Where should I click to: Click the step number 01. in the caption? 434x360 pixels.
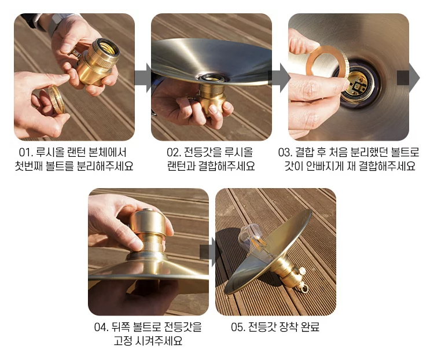pyautogui.click(x=26, y=153)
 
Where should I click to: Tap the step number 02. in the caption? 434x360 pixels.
pyautogui.click(x=174, y=153)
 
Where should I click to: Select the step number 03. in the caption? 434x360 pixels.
pyautogui.click(x=285, y=153)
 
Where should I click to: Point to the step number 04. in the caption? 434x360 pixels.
pyautogui.click(x=101, y=327)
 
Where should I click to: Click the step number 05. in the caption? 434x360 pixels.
pyautogui.click(x=238, y=327)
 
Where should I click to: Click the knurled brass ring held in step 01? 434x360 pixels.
pyautogui.click(x=57, y=99)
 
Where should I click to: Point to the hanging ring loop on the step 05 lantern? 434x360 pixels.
pyautogui.click(x=304, y=288)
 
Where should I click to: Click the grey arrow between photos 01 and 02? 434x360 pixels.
pyautogui.click(x=143, y=78)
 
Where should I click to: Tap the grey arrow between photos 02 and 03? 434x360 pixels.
pyautogui.click(x=280, y=78)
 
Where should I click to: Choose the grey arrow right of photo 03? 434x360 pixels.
pyautogui.click(x=408, y=78)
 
